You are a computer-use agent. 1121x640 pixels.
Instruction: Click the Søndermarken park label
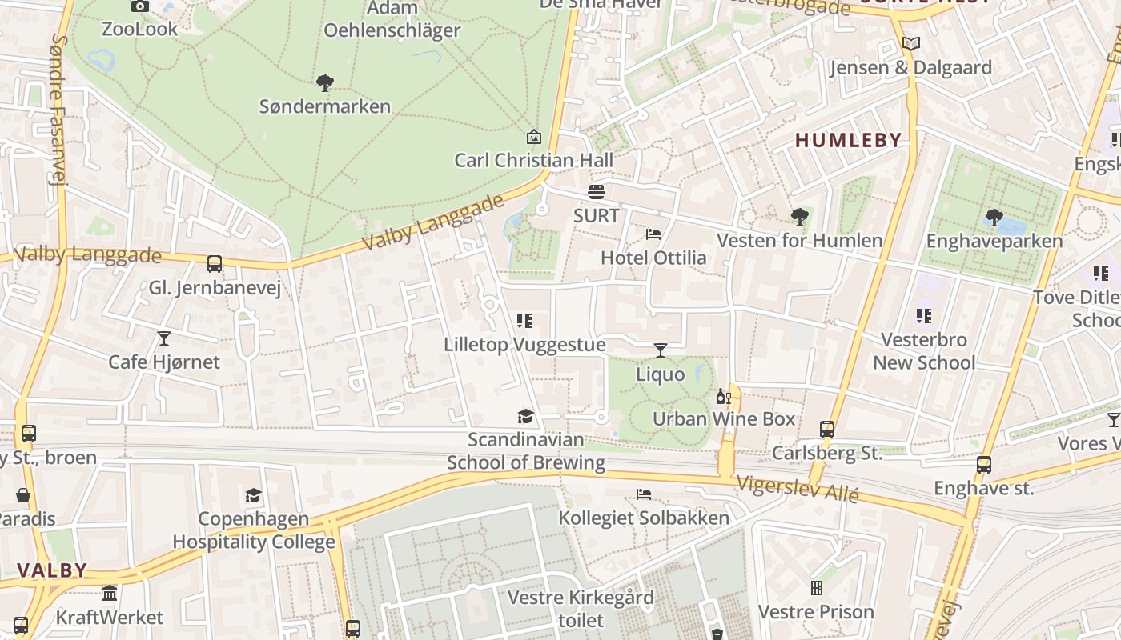(324, 106)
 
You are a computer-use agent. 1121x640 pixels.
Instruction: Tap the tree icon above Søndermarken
(324, 82)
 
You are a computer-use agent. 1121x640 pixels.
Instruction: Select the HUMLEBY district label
(848, 140)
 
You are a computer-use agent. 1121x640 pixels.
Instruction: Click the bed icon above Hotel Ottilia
(653, 234)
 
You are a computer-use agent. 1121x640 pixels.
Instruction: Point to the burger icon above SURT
(596, 192)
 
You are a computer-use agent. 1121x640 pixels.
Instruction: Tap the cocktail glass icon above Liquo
(660, 350)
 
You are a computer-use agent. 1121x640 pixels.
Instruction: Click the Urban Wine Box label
(724, 418)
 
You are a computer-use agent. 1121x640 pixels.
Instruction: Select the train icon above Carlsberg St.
(827, 430)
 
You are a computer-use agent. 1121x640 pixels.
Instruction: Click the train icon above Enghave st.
(983, 464)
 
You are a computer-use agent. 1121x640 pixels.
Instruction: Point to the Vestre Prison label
(816, 612)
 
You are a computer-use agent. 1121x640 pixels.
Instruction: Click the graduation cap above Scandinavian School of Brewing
(525, 416)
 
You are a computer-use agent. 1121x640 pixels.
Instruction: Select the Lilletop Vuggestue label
(524, 345)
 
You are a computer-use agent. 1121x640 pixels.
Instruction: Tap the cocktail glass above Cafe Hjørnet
(164, 338)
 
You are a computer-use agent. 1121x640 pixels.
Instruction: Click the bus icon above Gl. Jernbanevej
(214, 264)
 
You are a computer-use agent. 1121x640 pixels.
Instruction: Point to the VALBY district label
(52, 570)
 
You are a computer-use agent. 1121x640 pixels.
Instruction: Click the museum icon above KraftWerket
(110, 594)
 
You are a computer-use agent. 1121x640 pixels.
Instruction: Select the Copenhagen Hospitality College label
(254, 530)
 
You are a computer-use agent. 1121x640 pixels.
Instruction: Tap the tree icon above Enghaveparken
(994, 217)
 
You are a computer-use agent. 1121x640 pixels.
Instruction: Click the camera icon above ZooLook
(140, 6)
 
